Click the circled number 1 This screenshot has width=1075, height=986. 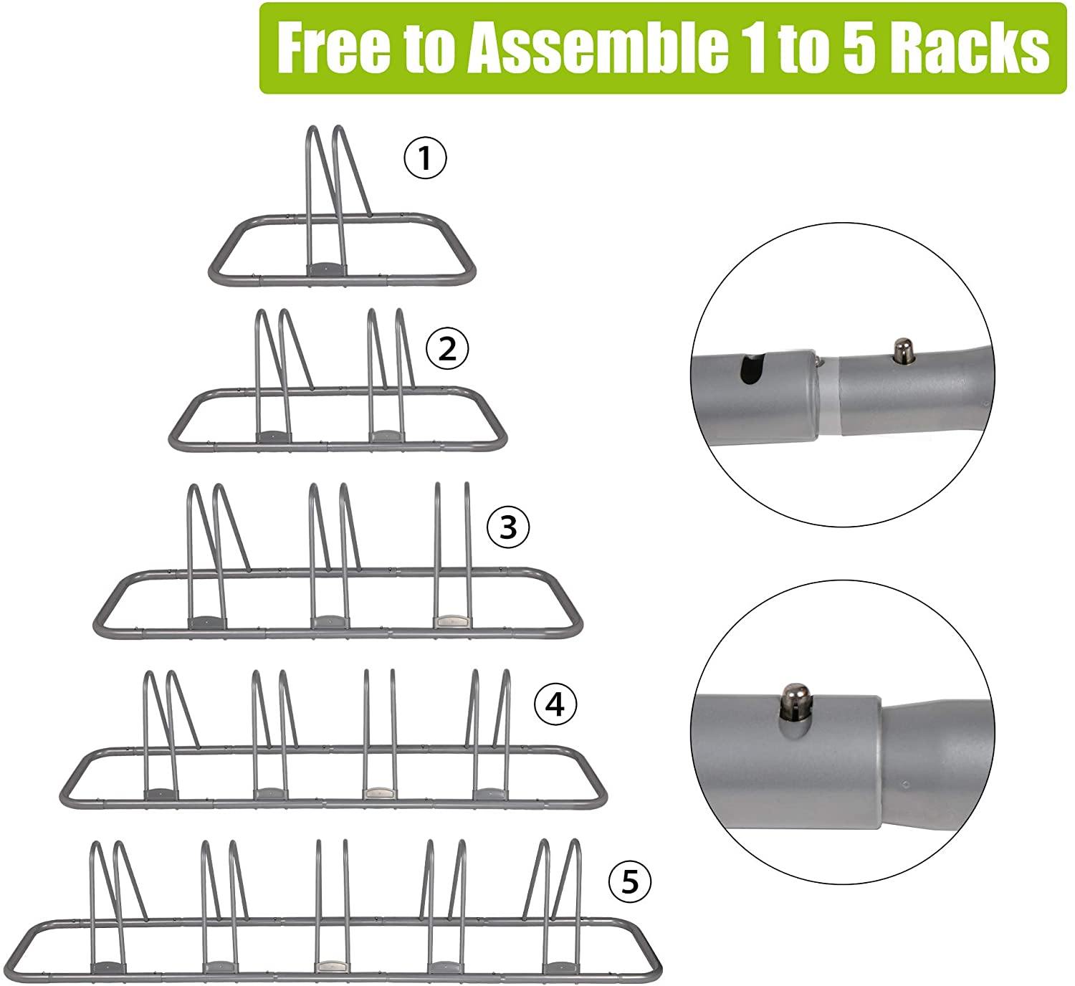click(426, 158)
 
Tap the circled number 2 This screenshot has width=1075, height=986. click(446, 350)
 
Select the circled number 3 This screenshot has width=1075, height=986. click(507, 527)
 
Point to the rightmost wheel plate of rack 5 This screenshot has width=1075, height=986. click(558, 966)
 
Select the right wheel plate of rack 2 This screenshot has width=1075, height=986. click(386, 435)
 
